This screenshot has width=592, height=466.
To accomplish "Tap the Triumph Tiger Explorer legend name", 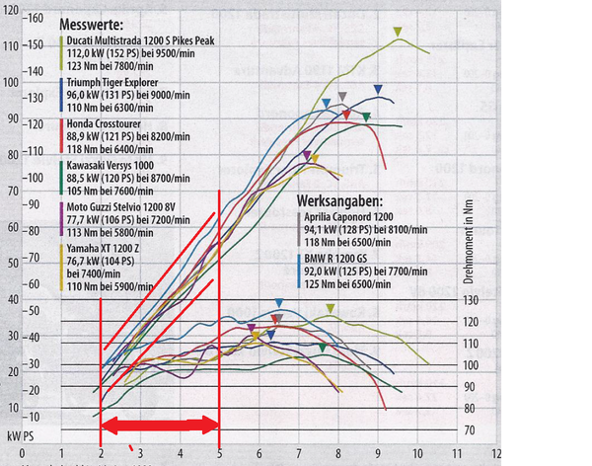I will (117, 84).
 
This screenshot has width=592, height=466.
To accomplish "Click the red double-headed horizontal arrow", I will (160, 426).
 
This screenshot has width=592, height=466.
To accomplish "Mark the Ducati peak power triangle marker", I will (398, 33).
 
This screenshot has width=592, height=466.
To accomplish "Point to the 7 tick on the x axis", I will (298, 456).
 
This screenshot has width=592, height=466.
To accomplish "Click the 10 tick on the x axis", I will (417, 456).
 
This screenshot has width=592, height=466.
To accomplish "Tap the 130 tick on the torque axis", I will (472, 300).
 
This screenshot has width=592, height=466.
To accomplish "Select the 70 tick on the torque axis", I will (470, 430).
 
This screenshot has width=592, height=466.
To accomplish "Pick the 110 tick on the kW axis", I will (11, 45).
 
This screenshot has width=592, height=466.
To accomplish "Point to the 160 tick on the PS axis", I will (37, 19).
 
